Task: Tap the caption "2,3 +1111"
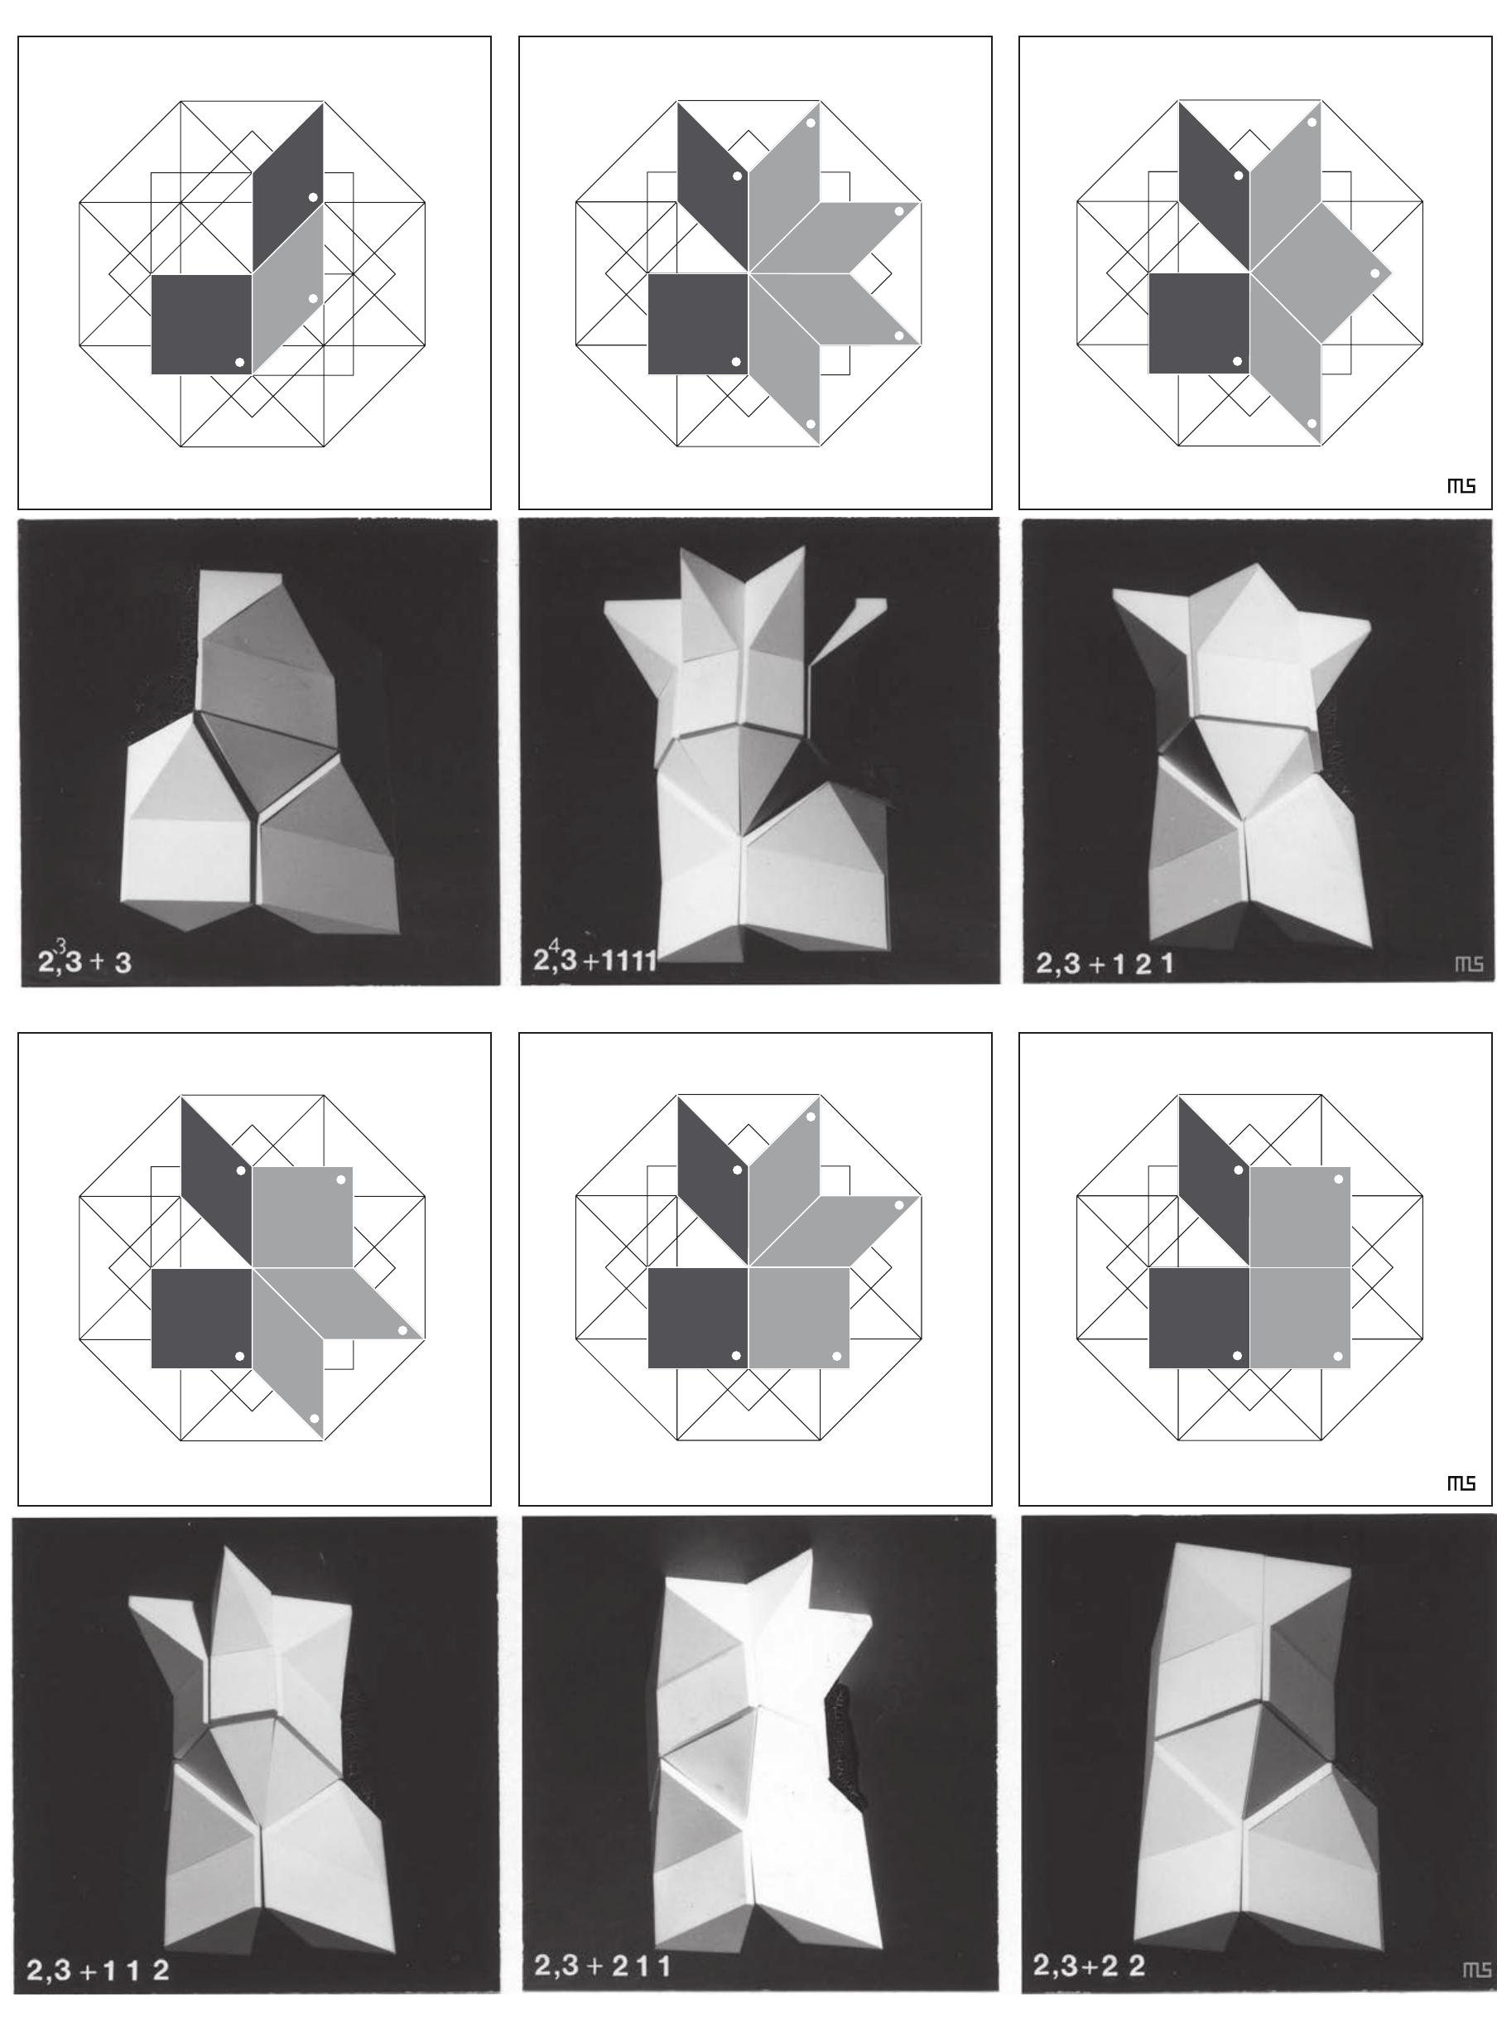594,960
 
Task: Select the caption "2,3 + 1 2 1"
1105,962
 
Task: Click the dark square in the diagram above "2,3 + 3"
200,324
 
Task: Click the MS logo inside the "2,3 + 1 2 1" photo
1469,963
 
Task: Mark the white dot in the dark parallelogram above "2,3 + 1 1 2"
241,1170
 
